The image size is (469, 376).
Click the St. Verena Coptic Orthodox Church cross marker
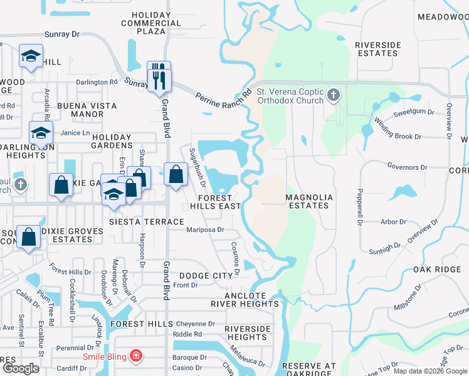334,96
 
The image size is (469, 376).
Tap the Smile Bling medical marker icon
136,357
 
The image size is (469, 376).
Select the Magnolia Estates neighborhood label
307,201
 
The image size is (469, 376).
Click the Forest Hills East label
216,201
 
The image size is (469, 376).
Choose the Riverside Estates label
377,49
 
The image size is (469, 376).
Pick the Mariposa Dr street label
205,229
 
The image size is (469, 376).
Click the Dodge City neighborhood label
206,276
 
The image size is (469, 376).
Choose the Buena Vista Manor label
80,110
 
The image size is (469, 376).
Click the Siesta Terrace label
146,222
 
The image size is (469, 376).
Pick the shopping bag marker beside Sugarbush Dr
176,174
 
